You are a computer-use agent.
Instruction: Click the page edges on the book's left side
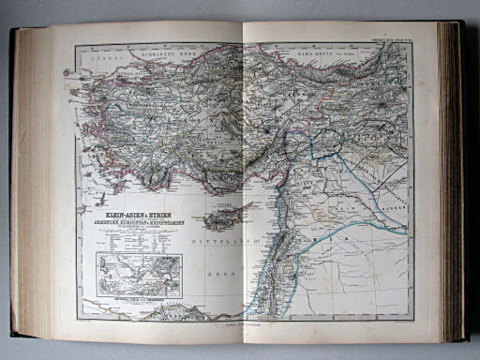point(28,178)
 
